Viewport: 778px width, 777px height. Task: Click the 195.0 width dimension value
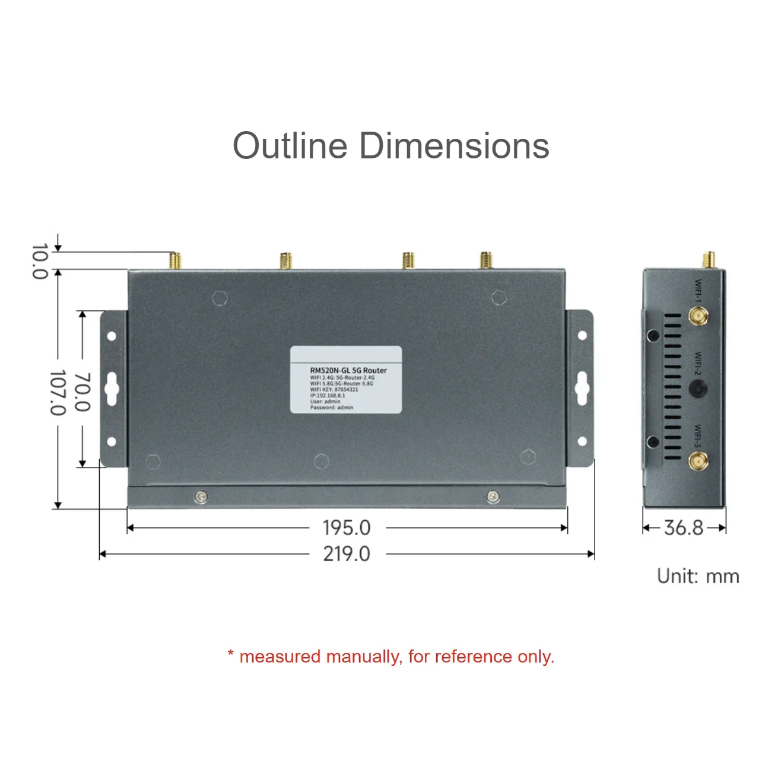click(x=347, y=527)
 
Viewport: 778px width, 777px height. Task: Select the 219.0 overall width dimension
click(x=347, y=554)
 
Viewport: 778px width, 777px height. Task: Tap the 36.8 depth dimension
click(x=684, y=527)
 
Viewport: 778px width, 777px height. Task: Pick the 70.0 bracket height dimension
click(x=82, y=391)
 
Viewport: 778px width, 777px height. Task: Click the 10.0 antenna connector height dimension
click(x=39, y=261)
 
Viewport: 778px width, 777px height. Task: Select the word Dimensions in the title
click(x=455, y=146)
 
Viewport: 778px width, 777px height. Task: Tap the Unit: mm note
click(x=698, y=577)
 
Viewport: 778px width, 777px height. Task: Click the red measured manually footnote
click(x=391, y=657)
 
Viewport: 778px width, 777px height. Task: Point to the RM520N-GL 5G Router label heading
click(x=348, y=370)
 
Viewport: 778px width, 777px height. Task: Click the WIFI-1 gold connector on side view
click(x=698, y=316)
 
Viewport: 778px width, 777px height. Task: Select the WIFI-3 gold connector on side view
click(x=698, y=461)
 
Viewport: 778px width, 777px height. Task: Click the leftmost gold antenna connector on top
click(x=175, y=260)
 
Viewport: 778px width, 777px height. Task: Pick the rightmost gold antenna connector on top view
click(x=486, y=260)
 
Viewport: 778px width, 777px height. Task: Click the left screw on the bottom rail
click(x=201, y=496)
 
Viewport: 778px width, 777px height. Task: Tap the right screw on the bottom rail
click(x=493, y=496)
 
